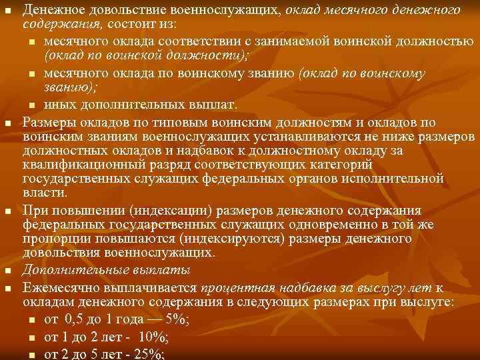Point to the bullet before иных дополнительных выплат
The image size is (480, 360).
(x=32, y=106)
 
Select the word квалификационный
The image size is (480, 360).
(x=79, y=165)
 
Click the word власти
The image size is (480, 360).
(x=43, y=194)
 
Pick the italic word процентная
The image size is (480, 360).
(x=237, y=287)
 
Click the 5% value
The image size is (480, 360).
(x=177, y=319)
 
